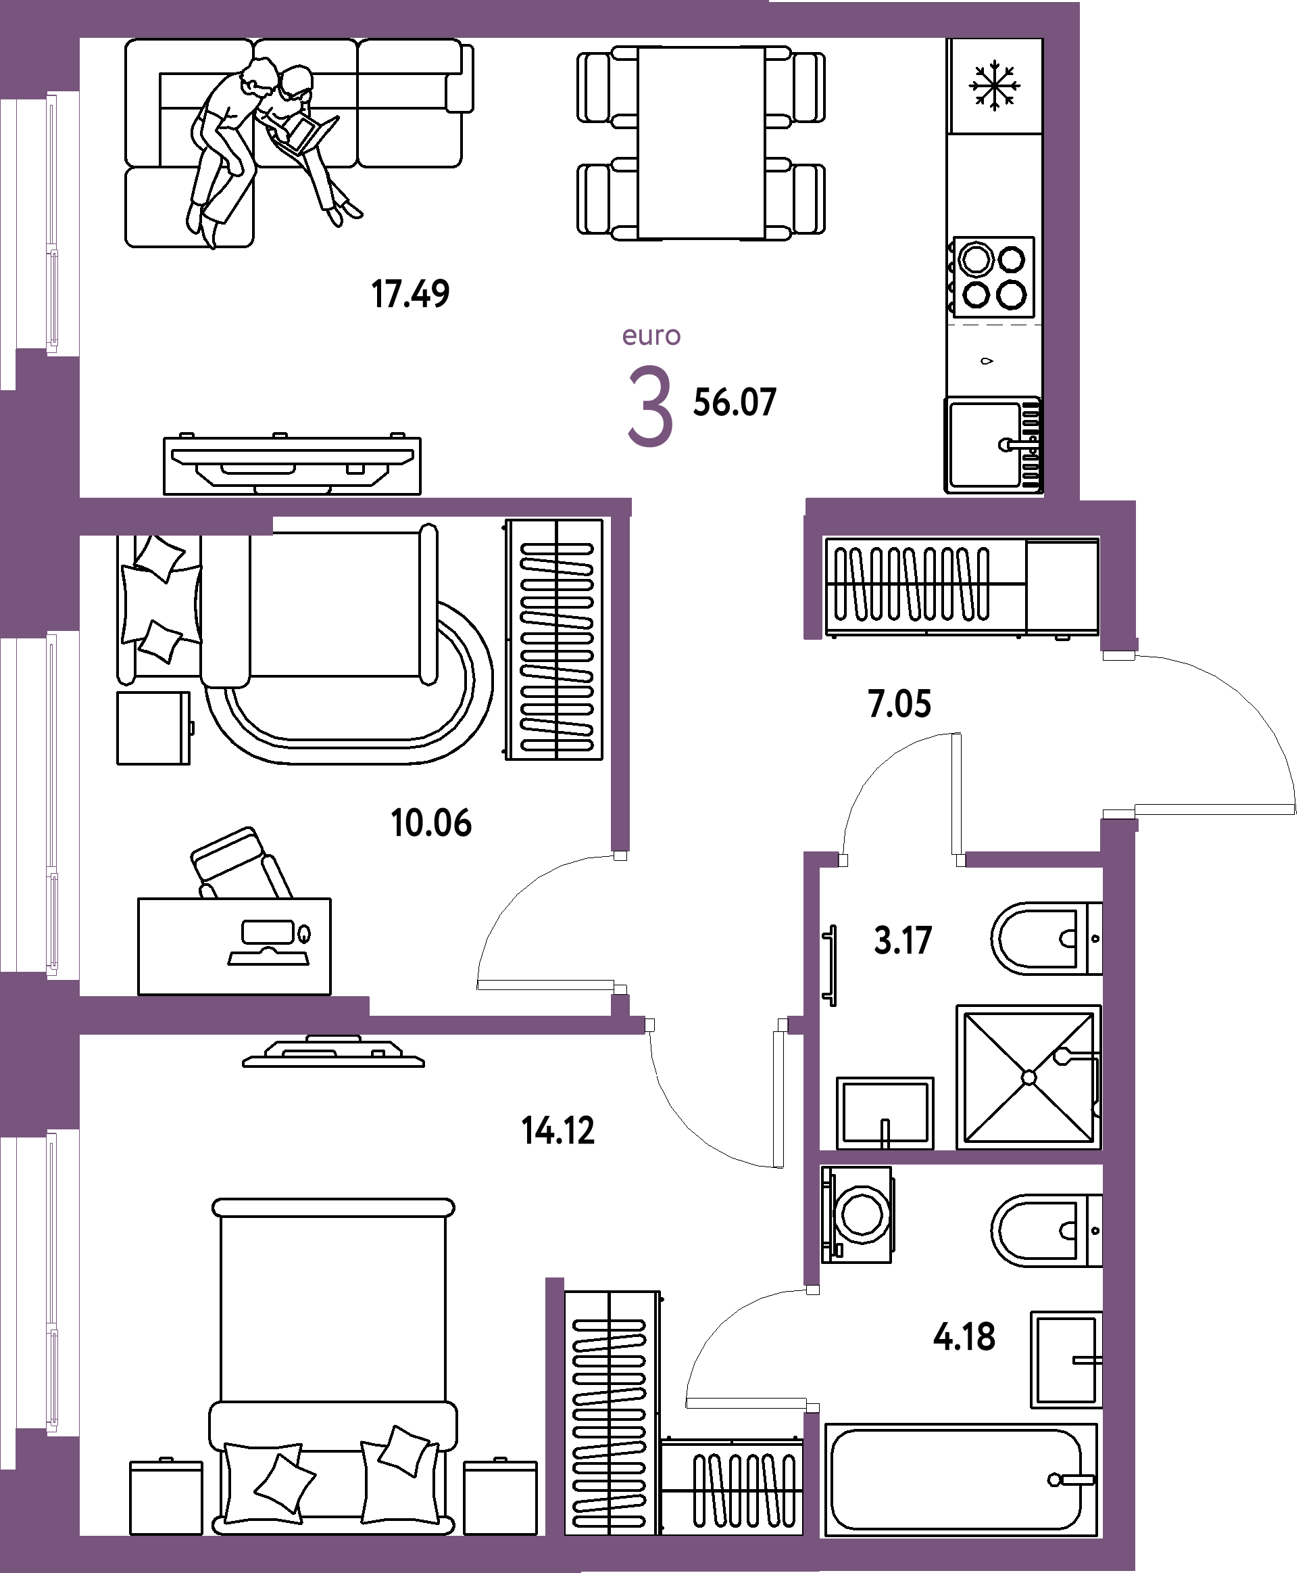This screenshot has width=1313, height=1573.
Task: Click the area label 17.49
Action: coord(410,294)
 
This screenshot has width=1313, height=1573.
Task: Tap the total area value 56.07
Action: coord(735,403)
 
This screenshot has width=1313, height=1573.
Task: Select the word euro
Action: coord(651,335)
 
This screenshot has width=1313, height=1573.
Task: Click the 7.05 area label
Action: coord(899,705)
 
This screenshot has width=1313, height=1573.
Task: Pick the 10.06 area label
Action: coord(431,823)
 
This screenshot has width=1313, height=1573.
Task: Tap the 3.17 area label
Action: coord(902,941)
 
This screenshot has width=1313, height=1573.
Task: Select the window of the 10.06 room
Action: coord(53,805)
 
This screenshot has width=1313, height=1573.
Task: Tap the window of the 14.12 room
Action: coord(53,1282)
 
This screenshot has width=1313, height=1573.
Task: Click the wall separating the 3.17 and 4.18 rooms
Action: coord(961,1157)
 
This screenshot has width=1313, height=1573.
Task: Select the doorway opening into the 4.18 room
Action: coord(812,1349)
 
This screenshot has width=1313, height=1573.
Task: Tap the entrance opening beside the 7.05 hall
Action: coord(1119,734)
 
